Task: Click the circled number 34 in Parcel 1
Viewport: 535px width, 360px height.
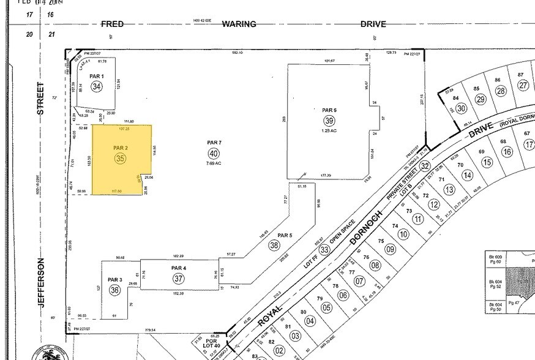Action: [96, 87]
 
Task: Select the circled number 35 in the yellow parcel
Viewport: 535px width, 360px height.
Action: [120, 159]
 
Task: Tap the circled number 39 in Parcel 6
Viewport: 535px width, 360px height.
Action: [329, 121]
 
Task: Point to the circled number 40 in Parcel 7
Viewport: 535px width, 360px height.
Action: [213, 153]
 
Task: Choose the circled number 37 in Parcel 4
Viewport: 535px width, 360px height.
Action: [179, 279]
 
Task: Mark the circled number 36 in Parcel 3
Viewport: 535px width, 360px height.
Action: [114, 290]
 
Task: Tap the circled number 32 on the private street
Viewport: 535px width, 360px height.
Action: [425, 166]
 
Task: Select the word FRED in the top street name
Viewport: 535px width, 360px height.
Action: [112, 24]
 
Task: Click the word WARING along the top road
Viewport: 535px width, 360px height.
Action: [239, 24]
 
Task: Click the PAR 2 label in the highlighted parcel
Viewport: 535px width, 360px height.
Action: [120, 148]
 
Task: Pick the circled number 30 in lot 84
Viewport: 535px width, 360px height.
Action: [461, 108]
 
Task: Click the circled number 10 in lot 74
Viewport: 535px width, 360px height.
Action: [403, 234]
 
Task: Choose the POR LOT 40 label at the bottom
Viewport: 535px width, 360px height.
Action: [212, 343]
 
